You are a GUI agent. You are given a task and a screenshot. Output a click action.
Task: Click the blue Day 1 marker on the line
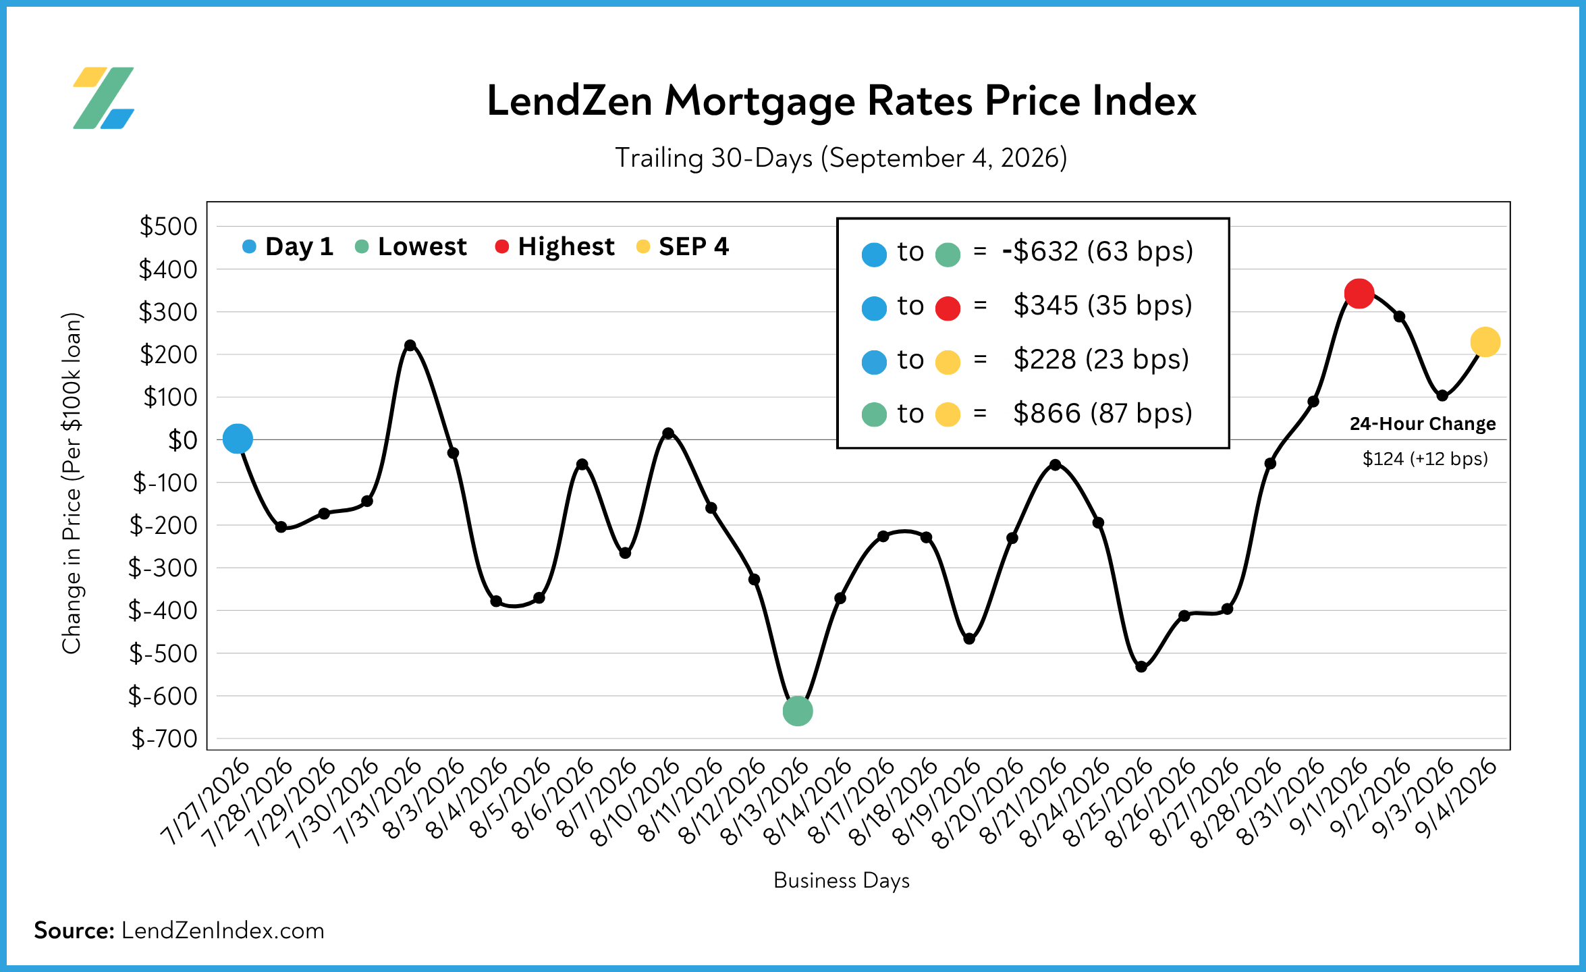[x=238, y=439]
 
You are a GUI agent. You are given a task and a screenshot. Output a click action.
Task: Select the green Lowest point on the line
[x=797, y=711]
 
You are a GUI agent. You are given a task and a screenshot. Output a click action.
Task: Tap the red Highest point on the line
[x=1359, y=293]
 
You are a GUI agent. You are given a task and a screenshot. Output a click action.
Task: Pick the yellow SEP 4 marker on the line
[x=1485, y=342]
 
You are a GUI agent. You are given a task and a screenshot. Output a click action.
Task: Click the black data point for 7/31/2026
[x=410, y=345]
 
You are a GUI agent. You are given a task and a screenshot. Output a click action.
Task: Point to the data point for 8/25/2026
[x=1141, y=667]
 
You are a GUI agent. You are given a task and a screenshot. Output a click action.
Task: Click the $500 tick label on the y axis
[x=168, y=226]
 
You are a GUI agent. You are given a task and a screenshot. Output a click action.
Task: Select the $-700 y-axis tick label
[x=164, y=738]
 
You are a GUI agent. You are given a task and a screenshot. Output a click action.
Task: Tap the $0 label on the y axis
[x=182, y=440]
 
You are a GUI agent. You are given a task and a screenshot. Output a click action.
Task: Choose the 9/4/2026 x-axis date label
[x=1456, y=798]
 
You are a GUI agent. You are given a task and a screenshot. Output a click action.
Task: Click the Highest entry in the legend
[x=555, y=246]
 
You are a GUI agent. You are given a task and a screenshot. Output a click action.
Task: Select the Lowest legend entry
[x=411, y=246]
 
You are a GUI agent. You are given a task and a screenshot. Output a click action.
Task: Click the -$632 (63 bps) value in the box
[x=1098, y=251]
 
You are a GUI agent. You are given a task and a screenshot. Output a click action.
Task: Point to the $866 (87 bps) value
[x=1103, y=413]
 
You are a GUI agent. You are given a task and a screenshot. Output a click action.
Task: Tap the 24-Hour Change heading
[x=1423, y=424]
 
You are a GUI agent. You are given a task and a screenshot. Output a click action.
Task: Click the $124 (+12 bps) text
[x=1425, y=459]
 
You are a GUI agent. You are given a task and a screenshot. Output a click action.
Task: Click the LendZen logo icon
[x=103, y=98]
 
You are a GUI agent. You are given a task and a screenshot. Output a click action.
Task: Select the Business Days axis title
[x=842, y=880]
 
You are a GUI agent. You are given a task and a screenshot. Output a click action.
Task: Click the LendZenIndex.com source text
[x=223, y=931]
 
